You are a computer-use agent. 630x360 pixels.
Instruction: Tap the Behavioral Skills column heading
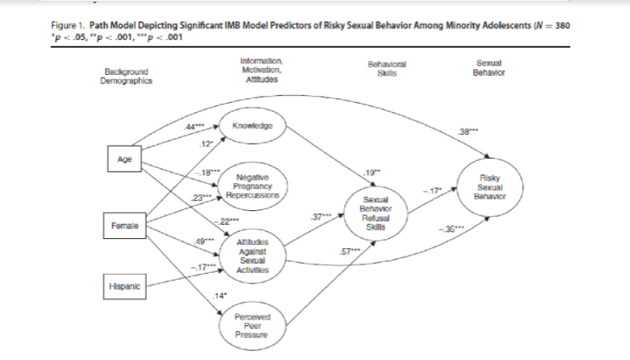pyautogui.click(x=386, y=71)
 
